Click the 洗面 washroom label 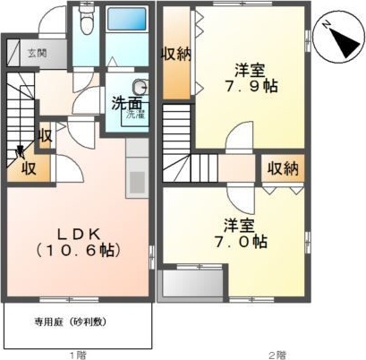click(x=125, y=103)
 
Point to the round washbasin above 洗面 click(x=139, y=87)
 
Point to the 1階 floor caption click(x=80, y=355)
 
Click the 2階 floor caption click(x=277, y=355)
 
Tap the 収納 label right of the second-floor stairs click(x=284, y=167)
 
